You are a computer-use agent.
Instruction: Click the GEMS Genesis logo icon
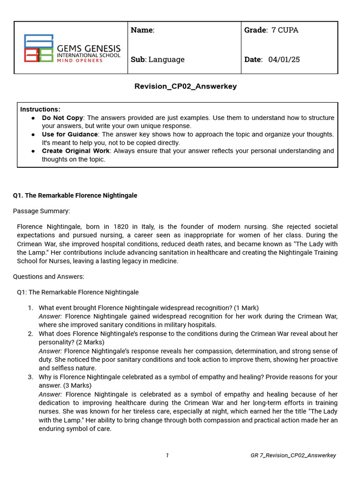tap(39, 48)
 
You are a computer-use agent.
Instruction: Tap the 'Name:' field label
tap(142, 30)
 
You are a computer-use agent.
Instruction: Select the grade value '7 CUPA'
tap(285, 30)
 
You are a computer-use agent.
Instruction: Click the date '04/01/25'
tap(284, 60)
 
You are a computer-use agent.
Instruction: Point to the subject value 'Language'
tap(166, 60)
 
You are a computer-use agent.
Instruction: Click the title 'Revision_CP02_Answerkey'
tap(186, 86)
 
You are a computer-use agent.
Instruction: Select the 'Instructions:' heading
tap(40, 109)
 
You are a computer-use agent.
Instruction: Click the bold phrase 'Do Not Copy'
tap(62, 118)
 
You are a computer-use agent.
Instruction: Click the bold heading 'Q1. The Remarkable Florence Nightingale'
tap(75, 195)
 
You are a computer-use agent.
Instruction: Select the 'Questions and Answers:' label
tap(48, 277)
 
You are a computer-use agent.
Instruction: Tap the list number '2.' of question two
tap(30, 334)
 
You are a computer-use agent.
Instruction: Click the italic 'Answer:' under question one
tap(50, 316)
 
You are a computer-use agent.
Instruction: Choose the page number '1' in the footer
tap(167, 455)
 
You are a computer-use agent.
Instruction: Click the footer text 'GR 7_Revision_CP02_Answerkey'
tap(293, 455)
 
